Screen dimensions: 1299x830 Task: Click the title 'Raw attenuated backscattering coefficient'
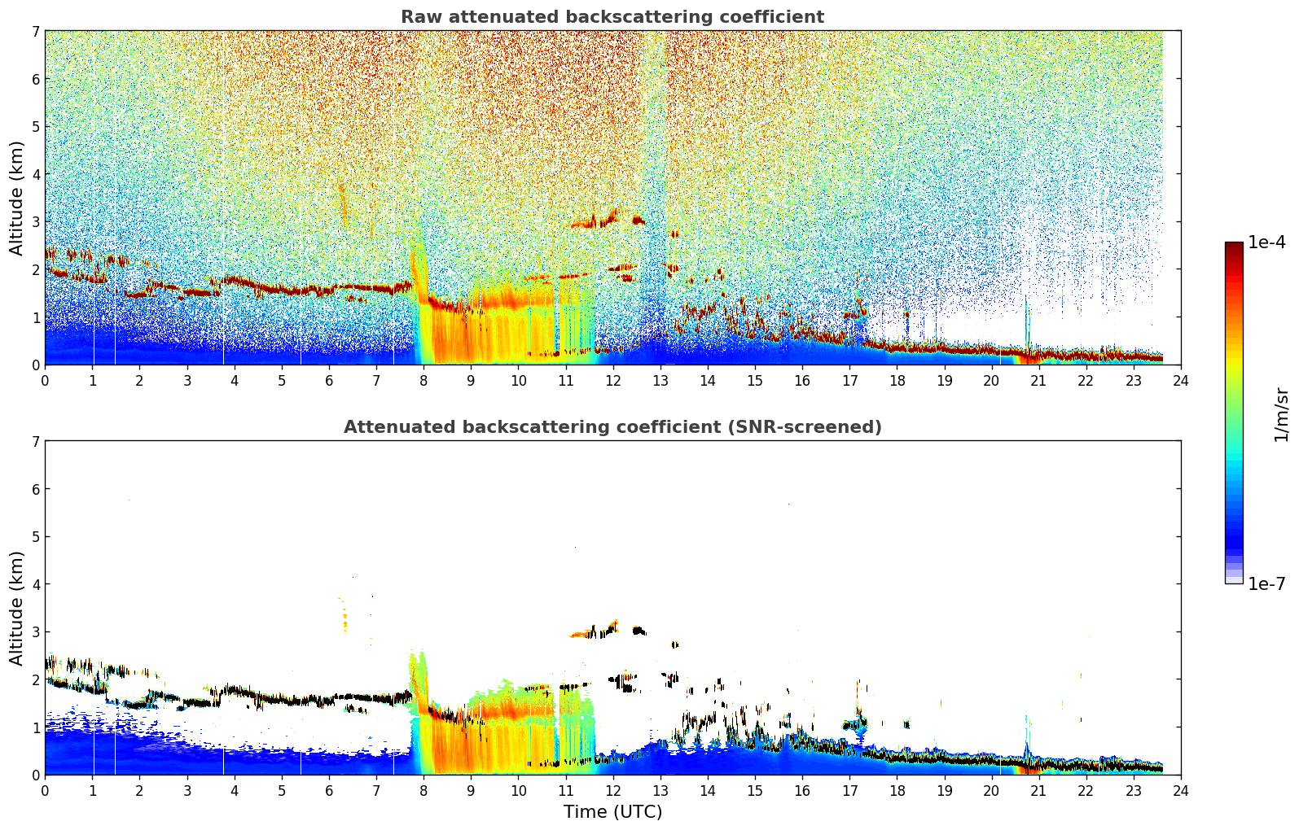pos(612,17)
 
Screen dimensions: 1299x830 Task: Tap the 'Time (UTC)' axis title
pos(612,811)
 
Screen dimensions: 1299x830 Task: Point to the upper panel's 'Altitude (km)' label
pos(16,199)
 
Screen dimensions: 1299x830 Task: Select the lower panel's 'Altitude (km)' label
pos(16,608)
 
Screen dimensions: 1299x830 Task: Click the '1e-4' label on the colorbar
pos(1266,242)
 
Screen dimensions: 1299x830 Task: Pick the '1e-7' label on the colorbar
pos(1266,583)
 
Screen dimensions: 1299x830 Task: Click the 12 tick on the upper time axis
pos(613,381)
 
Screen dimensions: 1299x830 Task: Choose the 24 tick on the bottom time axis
pos(1181,791)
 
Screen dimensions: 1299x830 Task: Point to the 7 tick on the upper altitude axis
pos(35,31)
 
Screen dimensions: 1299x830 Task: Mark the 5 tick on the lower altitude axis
pos(35,537)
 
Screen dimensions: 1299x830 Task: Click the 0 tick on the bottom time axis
pos(46,791)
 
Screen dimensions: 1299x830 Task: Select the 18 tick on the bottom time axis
pos(897,791)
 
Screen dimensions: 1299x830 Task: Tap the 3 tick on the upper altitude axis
pos(35,222)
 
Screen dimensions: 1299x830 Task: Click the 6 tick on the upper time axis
pos(329,381)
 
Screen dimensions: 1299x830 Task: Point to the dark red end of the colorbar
pos(1234,245)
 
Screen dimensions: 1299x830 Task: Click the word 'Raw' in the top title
pos(422,17)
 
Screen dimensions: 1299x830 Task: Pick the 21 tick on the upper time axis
pos(1038,381)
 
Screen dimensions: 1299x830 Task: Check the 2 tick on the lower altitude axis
pos(35,679)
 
